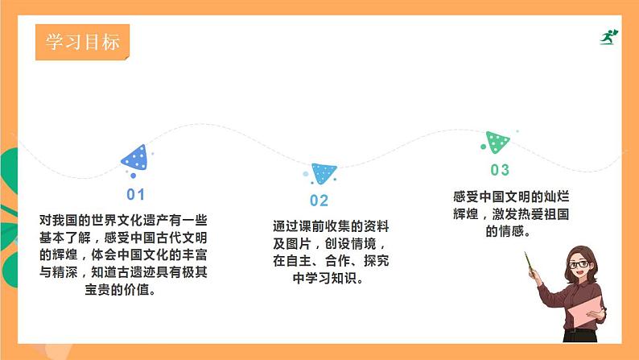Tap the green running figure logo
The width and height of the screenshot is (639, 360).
(x=608, y=37)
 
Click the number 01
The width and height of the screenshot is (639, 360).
(x=135, y=194)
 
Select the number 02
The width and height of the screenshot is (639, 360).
(x=319, y=201)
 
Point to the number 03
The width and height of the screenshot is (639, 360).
(x=500, y=170)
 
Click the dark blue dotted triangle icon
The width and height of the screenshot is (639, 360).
(x=135, y=159)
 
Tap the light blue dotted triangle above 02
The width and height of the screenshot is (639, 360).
(x=324, y=172)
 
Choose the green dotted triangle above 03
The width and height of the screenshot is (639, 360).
(x=497, y=143)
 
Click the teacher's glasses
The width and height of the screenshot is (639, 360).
(x=579, y=264)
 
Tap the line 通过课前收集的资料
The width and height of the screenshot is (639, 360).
(x=330, y=227)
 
